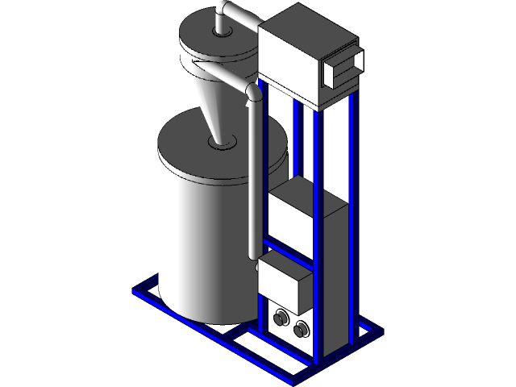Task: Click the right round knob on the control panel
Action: pyautogui.click(x=302, y=328)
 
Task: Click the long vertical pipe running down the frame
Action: pyautogui.click(x=253, y=177)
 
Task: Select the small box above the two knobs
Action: pyautogui.click(x=283, y=282)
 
